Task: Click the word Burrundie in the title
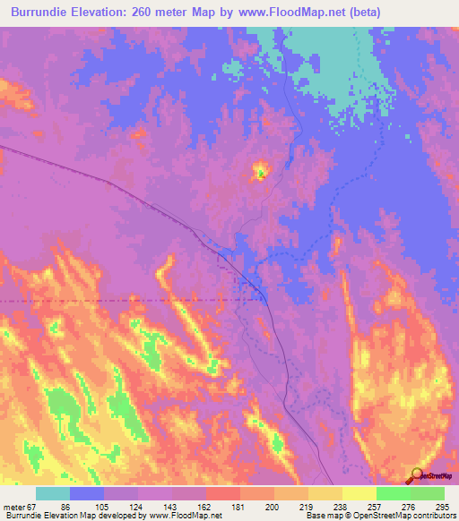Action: tap(37, 13)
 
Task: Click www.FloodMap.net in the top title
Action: tap(292, 13)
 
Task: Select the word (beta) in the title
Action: tap(366, 13)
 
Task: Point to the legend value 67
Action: tap(32, 506)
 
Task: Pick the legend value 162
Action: tap(205, 506)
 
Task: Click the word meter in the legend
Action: tap(13, 506)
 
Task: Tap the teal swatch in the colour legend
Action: tap(53, 493)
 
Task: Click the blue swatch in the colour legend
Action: tap(87, 493)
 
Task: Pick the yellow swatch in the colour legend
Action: tap(359, 493)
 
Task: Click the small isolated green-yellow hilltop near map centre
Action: tap(260, 170)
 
